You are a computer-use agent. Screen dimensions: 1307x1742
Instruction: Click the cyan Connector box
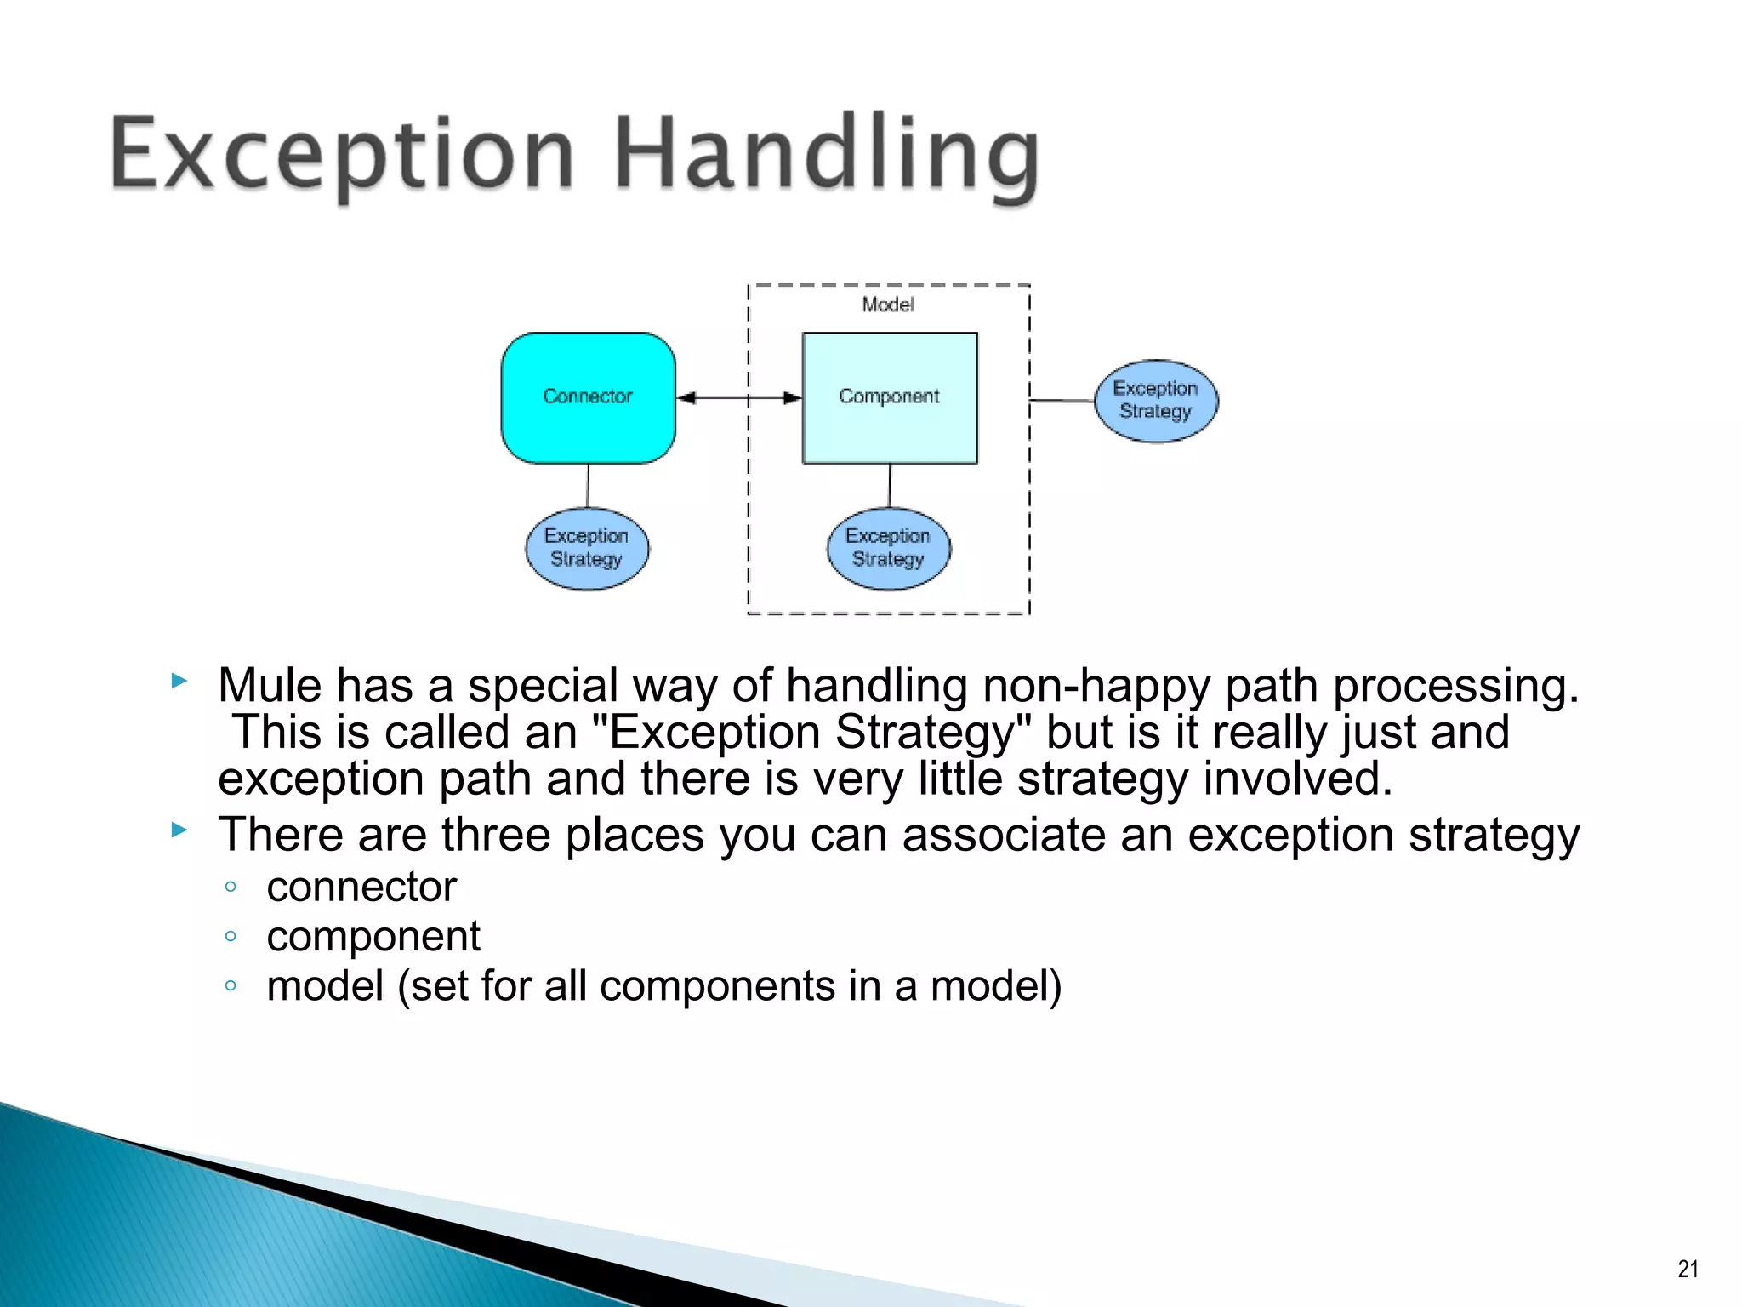[588, 397]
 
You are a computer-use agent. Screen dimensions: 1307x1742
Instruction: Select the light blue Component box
[889, 397]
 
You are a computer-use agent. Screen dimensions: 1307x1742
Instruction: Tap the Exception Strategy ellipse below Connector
[587, 548]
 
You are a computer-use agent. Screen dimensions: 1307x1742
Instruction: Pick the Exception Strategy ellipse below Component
[888, 548]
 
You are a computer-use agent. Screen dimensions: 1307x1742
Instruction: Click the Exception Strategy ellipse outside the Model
[1155, 400]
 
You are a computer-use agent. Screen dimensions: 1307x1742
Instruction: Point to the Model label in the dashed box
[888, 305]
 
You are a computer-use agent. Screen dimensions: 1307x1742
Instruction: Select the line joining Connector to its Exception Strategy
[588, 485]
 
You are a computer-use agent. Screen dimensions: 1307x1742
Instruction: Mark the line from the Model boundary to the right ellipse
[1062, 400]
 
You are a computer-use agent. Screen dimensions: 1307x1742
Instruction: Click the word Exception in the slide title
[340, 155]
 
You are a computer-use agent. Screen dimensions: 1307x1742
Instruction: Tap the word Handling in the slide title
[825, 155]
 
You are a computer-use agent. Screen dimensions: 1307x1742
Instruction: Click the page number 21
[1688, 1269]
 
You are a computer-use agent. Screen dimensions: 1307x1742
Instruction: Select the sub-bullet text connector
[361, 887]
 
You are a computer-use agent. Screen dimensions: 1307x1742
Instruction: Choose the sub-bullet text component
[373, 936]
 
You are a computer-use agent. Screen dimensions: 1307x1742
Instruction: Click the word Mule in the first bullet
[270, 685]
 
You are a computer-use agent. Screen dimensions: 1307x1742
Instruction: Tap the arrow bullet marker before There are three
[179, 830]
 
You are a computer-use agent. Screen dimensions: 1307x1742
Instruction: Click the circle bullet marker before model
[231, 985]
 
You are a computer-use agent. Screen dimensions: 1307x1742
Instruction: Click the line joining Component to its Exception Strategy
[890, 485]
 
